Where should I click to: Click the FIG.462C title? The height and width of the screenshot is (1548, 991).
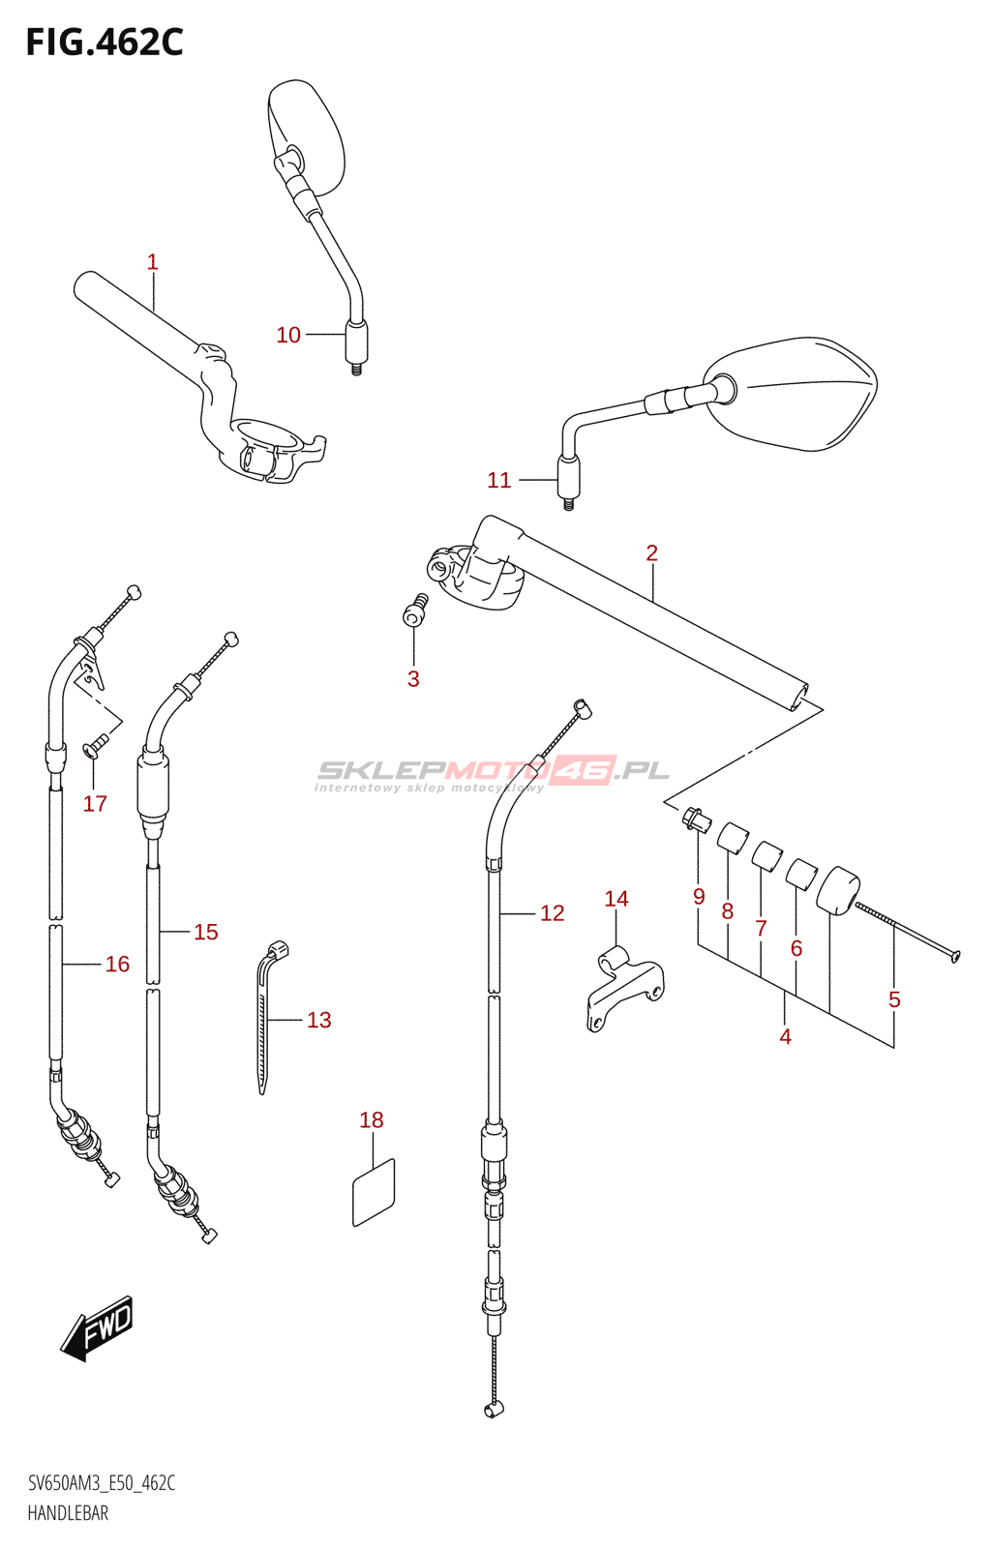pos(104,43)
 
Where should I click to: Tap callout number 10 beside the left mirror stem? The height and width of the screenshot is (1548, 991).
pos(288,335)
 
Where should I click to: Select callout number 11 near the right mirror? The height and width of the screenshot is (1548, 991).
pos(498,480)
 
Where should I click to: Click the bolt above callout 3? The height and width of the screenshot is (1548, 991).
pos(415,611)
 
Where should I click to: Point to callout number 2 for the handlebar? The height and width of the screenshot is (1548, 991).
pos(651,552)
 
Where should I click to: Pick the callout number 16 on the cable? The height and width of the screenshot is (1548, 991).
pos(117,964)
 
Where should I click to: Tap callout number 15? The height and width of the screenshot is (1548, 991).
pos(205,932)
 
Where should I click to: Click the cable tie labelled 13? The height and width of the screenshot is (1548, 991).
pos(264,1016)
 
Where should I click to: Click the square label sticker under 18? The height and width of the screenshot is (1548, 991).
pos(374,1192)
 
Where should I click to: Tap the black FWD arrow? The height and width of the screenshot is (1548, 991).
pos(97,1327)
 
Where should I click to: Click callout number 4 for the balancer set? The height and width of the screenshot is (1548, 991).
pos(785,1037)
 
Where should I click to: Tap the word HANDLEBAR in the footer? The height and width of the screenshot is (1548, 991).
pos(68,1513)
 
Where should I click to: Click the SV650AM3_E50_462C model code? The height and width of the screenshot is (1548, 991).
pos(102,1483)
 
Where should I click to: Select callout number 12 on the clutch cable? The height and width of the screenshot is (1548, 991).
pos(552,913)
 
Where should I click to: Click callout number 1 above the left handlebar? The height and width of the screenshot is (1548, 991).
pos(152,261)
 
